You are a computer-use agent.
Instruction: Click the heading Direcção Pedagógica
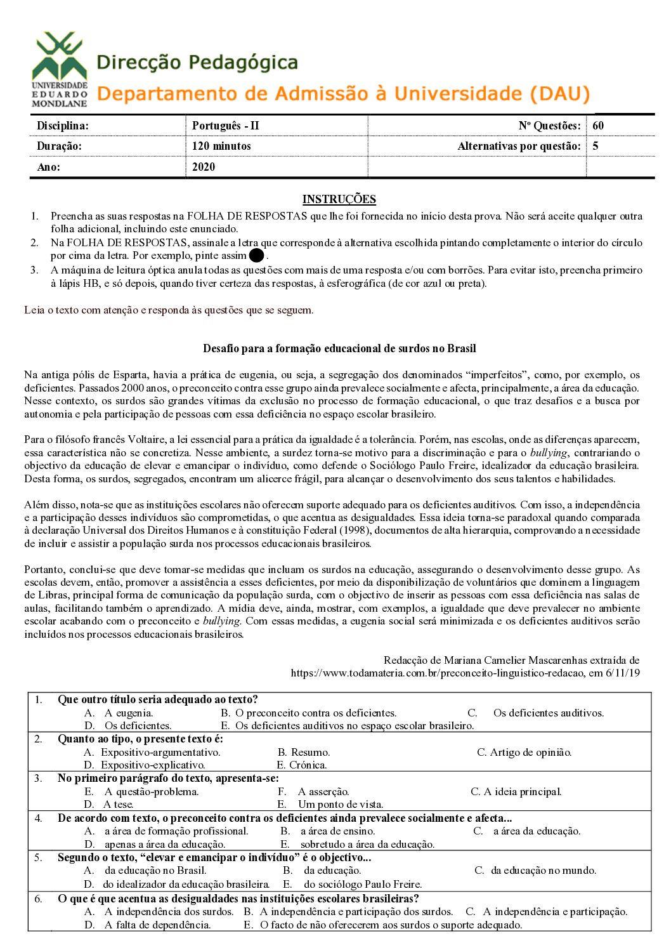[x=197, y=63]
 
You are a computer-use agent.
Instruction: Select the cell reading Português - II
[x=226, y=126]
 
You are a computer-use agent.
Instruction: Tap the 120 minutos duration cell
[x=221, y=146]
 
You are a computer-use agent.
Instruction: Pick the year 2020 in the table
[x=204, y=167]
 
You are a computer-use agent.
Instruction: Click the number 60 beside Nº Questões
[x=598, y=126]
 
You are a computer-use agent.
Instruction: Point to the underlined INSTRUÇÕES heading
[x=339, y=199]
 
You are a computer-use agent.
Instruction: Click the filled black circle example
[x=256, y=256]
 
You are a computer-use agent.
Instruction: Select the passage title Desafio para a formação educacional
[x=339, y=348]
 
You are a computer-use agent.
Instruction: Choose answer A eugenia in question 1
[x=128, y=713]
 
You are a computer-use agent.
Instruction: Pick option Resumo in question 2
[x=310, y=752]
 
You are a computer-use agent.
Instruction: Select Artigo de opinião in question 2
[x=530, y=752]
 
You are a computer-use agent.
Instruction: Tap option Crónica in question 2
[x=308, y=765]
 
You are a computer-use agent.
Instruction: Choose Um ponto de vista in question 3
[x=341, y=804]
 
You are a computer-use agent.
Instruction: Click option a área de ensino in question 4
[x=337, y=831]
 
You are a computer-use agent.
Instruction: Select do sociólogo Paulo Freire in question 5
[x=362, y=884]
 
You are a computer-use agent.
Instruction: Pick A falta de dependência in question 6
[x=157, y=925]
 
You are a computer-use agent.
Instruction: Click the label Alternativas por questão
[x=519, y=146]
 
